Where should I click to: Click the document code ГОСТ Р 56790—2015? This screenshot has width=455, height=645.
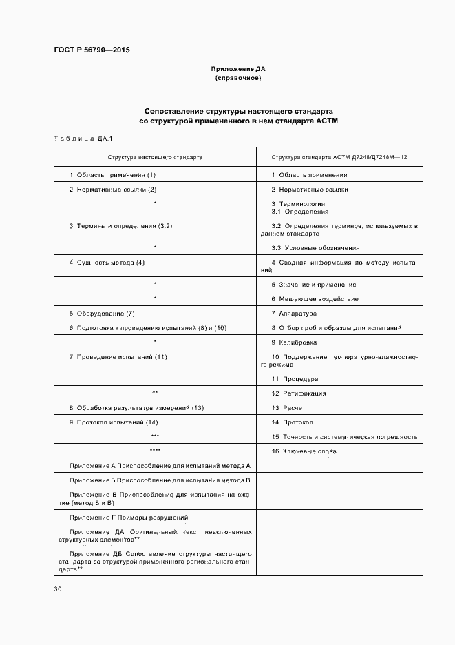(x=92, y=50)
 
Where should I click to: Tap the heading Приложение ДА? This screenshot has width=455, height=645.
(x=237, y=70)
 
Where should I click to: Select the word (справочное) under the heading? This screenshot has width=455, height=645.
(x=237, y=78)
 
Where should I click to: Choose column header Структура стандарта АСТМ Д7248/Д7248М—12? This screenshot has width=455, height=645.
(x=339, y=158)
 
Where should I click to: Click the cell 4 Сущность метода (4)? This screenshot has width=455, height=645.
(x=107, y=263)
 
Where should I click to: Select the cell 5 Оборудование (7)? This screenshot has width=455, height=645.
(x=102, y=314)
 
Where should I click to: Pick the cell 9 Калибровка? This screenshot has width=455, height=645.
(x=294, y=342)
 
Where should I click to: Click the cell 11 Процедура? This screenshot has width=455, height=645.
(x=295, y=379)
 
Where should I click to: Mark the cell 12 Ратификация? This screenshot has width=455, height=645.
(x=299, y=393)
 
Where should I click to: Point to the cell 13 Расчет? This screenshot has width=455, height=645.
(x=288, y=408)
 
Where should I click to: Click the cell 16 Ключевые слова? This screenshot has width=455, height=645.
(x=304, y=451)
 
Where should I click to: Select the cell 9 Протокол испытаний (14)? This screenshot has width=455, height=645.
(x=114, y=422)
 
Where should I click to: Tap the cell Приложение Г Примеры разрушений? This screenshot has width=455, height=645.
(x=129, y=517)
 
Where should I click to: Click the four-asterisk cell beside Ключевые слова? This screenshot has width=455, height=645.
(x=155, y=451)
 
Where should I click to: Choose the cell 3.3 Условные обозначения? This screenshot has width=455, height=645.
(x=315, y=248)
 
